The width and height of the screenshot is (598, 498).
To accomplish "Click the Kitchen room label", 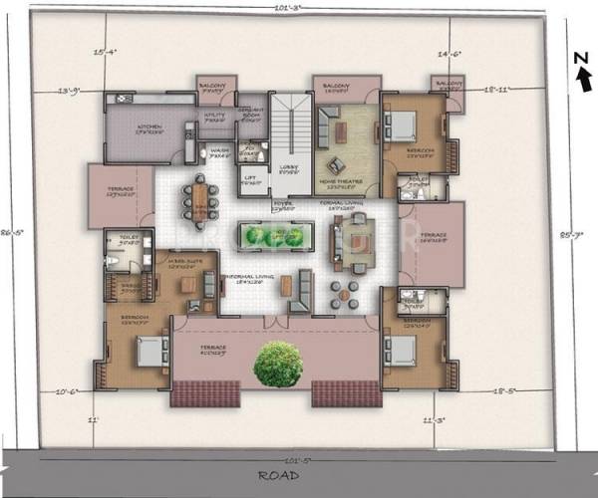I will coord(149,127).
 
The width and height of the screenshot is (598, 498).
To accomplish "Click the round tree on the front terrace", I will coord(278,365).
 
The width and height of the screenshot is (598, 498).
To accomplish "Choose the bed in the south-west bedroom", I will coord(151,351).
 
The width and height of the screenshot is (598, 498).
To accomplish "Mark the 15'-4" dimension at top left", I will coord(105,51).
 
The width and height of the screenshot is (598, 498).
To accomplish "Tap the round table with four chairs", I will coord(344,292).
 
